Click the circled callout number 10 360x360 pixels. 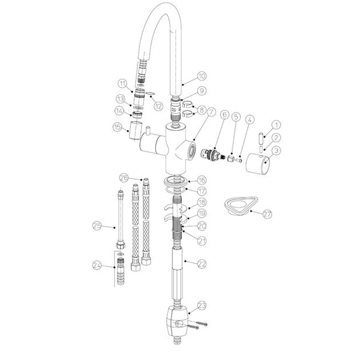point(202,76)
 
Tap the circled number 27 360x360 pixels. point(267,214)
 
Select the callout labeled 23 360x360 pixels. point(202,305)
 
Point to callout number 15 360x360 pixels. point(118,127)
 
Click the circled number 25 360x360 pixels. point(97,226)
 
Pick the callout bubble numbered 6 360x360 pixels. point(224,115)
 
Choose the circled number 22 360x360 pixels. point(202,264)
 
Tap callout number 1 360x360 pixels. point(276,125)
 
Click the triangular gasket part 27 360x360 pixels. point(241,206)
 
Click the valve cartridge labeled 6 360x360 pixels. point(212,155)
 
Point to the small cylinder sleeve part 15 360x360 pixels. point(135,130)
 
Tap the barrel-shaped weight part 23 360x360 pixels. point(177,321)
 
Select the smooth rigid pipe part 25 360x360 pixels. point(121,220)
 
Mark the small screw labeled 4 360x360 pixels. point(239,160)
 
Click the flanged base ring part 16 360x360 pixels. point(176,181)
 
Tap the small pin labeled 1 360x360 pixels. point(262,137)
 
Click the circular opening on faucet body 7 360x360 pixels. point(191,151)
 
